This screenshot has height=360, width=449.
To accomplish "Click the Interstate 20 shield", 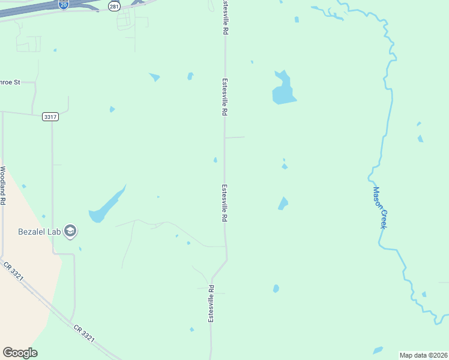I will [64, 4].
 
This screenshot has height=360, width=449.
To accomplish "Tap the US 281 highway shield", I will [114, 5].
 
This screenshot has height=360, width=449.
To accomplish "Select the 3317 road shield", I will [50, 116].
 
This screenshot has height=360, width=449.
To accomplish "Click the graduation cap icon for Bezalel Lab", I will [70, 231].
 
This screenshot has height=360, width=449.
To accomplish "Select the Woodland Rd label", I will [3, 186].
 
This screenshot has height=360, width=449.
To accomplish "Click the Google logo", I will [20, 353].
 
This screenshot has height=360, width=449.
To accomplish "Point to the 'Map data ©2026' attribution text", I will [424, 355].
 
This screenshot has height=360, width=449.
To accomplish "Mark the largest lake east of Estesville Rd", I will [283, 91].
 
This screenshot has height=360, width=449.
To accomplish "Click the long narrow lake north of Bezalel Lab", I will [107, 205].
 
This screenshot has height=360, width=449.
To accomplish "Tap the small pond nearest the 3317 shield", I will [112, 109].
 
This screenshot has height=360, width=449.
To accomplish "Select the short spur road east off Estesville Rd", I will [235, 137].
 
